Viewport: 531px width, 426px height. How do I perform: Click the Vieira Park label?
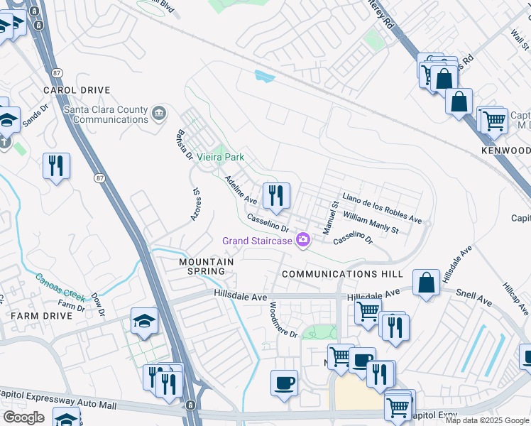coord(220,156)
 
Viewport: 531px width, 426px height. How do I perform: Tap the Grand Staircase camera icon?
coord(304,241)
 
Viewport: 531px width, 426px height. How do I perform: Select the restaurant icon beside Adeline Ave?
coord(275,195)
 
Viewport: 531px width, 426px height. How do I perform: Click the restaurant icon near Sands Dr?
coord(55,166)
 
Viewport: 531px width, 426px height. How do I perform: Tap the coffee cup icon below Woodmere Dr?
coord(284,383)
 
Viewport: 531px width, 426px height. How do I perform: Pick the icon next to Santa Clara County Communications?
coord(159,111)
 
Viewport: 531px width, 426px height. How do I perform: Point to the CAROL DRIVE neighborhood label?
coord(77,90)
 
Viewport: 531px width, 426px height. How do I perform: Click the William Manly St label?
coord(371,222)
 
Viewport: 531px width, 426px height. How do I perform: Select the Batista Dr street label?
coord(183,146)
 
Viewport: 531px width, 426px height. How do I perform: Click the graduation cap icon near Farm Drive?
coord(144,322)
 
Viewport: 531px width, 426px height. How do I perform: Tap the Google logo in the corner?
coord(23,417)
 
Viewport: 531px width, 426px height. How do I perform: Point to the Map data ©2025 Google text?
coord(486,420)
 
